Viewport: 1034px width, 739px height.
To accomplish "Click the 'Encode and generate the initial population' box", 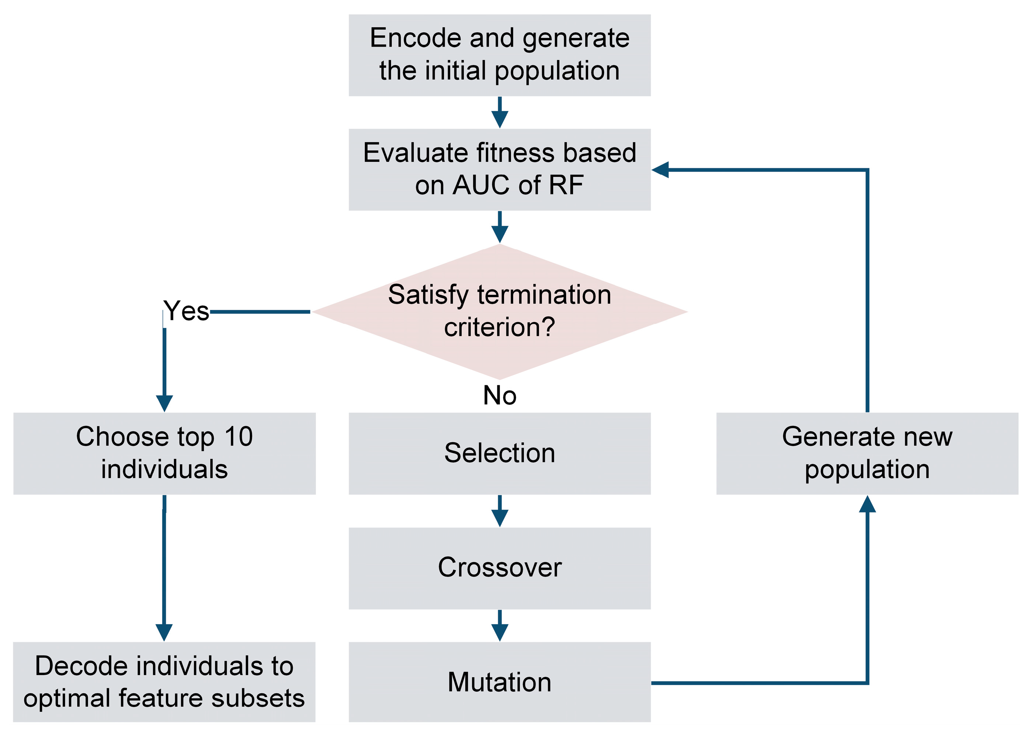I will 500,55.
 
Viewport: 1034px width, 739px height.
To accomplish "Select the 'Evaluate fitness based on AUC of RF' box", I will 500,169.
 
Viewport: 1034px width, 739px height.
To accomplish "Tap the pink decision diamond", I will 500,311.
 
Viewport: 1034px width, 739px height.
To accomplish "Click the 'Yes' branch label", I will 186,311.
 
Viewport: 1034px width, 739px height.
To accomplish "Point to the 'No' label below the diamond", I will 500,395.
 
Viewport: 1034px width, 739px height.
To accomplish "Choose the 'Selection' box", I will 500,453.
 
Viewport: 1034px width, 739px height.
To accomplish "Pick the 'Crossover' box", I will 500,568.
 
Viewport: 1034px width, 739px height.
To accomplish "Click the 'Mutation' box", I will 500,682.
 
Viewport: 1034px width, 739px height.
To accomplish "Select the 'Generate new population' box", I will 867,453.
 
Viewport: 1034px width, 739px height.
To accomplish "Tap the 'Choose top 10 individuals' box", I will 164,453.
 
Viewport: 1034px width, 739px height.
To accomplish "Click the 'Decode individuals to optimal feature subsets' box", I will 164,682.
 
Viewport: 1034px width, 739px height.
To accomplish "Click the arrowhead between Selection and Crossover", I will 500,517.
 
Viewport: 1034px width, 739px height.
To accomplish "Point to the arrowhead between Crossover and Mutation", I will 500,632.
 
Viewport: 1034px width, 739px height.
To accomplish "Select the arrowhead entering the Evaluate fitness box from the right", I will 661,170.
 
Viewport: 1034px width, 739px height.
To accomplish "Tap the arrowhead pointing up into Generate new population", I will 867,504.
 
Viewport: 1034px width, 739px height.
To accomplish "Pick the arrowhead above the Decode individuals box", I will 164,632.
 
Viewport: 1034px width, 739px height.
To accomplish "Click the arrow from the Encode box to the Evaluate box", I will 500,113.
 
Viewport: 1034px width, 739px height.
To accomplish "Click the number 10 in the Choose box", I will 239,437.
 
